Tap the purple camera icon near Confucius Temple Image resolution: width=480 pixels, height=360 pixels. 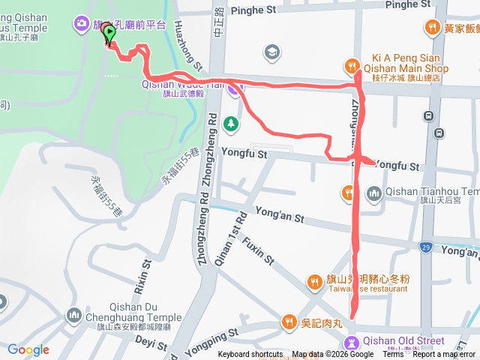tap(80, 24)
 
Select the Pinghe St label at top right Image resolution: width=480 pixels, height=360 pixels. tap(407, 4)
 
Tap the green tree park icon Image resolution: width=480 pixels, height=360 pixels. tap(232, 122)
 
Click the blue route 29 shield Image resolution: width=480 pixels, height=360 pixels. tap(427, 247)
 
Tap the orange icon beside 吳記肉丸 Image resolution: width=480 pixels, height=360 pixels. tap(289, 322)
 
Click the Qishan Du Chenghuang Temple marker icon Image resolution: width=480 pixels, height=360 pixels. tap(73, 314)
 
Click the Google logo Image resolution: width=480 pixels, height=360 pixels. tap(28, 349)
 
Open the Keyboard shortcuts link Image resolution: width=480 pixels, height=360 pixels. tap(250, 355)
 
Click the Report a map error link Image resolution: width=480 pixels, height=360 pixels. tap(443, 355)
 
